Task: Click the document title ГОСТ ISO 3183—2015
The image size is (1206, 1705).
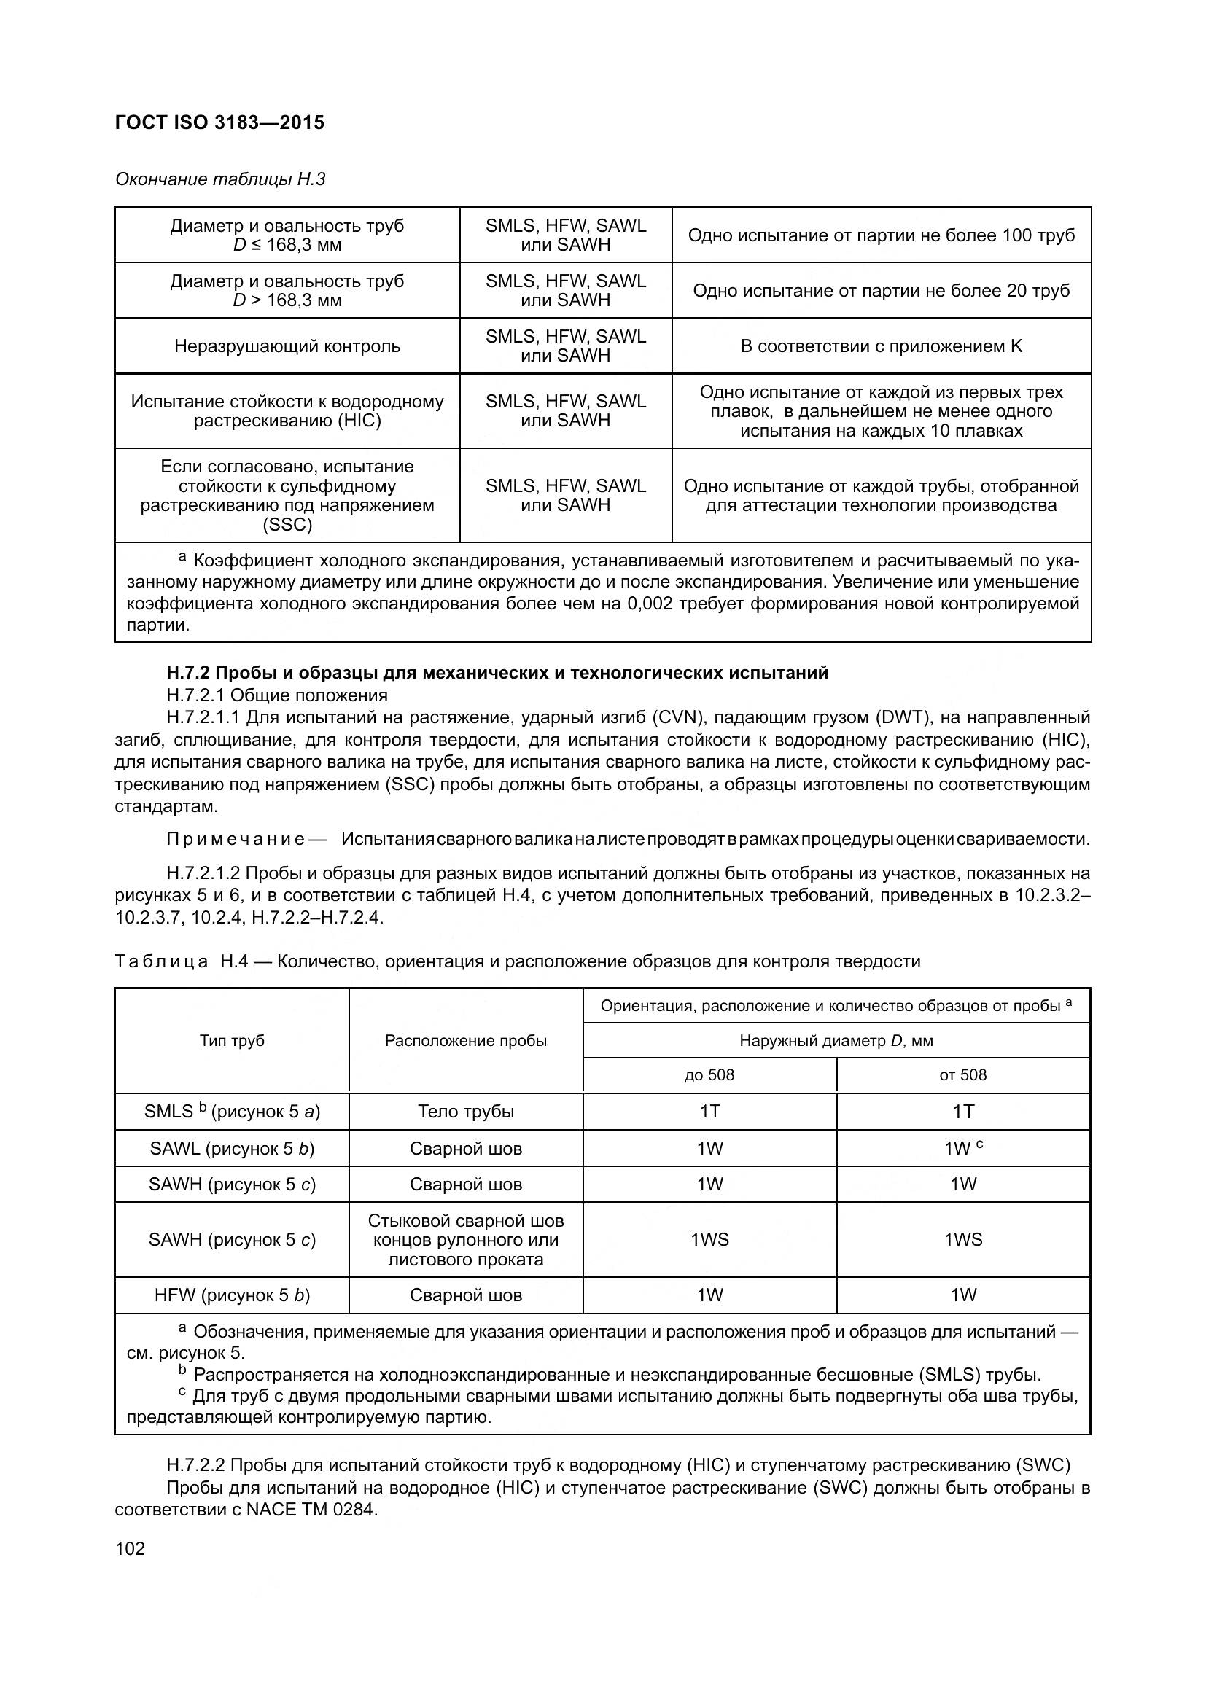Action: pos(219,123)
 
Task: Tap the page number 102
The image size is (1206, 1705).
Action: pos(130,1549)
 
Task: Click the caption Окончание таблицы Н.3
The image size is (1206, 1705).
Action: pos(219,180)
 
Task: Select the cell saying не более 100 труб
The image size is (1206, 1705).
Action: pos(881,235)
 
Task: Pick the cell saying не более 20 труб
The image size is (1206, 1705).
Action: pos(881,291)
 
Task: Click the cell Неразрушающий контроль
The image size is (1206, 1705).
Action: pos(287,346)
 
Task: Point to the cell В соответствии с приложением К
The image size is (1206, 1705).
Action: pos(881,346)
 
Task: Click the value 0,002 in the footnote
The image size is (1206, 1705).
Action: pos(650,604)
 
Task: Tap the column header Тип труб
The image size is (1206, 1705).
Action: pos(232,1040)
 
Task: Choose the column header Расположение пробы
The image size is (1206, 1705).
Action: pos(466,1040)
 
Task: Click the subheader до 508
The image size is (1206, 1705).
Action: pos(709,1074)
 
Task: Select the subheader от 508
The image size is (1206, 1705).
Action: pos(962,1074)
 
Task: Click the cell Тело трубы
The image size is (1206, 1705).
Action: pos(466,1112)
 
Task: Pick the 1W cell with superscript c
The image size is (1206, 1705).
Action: pos(962,1149)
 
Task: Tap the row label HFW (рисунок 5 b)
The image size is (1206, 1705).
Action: pos(232,1296)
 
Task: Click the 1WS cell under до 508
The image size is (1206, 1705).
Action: pos(709,1239)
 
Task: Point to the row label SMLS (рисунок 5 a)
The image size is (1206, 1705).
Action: pos(232,1112)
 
